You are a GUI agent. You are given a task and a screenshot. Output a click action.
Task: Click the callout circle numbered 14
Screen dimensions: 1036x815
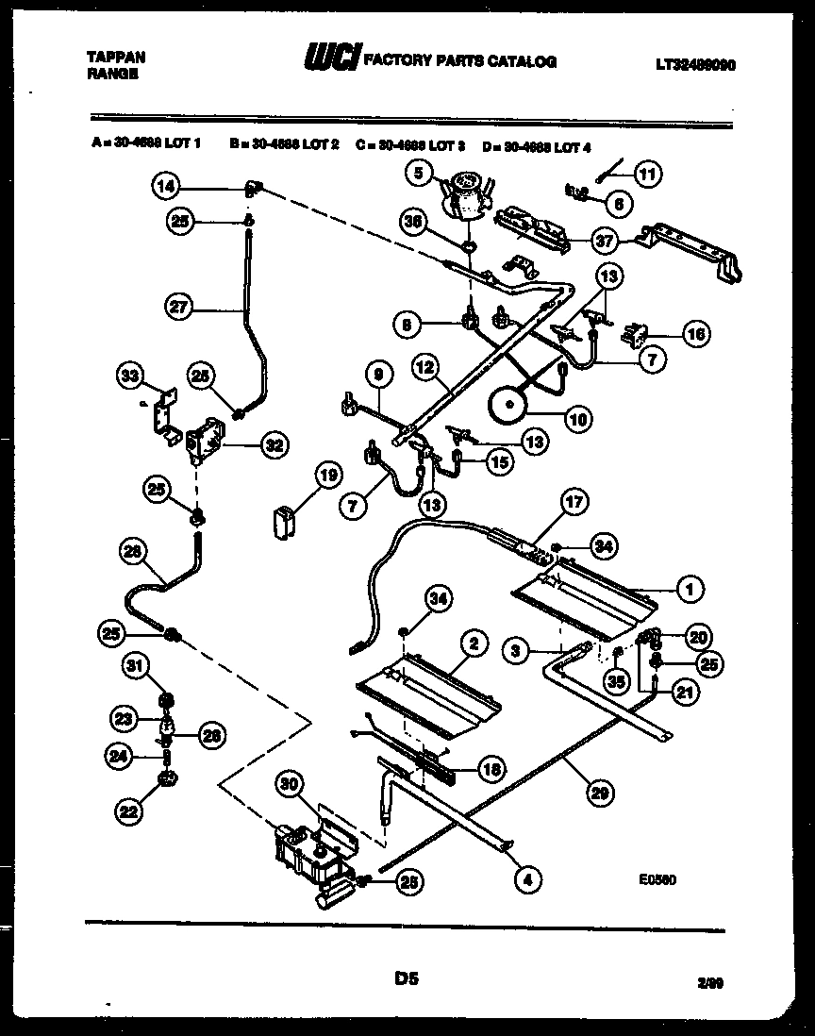(x=167, y=186)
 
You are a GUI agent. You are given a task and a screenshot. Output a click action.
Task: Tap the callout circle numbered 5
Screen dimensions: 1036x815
(x=422, y=172)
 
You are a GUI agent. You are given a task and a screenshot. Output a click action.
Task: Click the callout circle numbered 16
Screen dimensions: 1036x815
(x=697, y=333)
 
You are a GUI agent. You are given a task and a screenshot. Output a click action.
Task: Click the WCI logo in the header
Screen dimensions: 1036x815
(x=331, y=61)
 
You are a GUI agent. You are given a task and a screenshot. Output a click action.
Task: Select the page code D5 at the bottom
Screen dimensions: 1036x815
(x=407, y=981)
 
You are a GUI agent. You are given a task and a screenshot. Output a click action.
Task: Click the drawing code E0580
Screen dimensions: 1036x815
(x=657, y=877)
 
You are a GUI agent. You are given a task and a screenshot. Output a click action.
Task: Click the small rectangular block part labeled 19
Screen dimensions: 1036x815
(x=282, y=521)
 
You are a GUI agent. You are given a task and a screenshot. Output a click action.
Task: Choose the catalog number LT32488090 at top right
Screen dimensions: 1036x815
(x=696, y=65)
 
